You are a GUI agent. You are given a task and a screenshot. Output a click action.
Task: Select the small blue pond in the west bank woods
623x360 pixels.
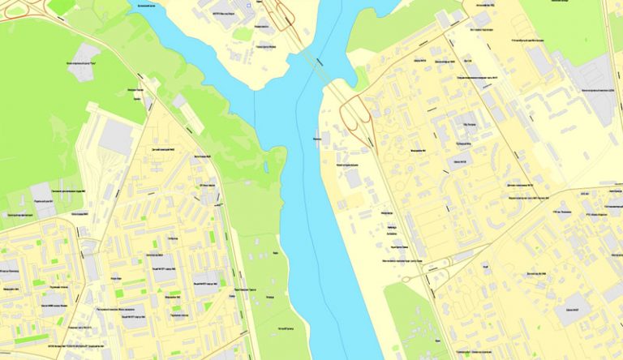266,166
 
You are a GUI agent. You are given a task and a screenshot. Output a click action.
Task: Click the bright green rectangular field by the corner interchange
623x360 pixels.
62,6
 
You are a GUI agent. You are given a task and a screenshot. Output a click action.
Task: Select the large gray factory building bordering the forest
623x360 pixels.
115,137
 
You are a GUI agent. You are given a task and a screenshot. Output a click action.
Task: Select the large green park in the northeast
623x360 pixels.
568,24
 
